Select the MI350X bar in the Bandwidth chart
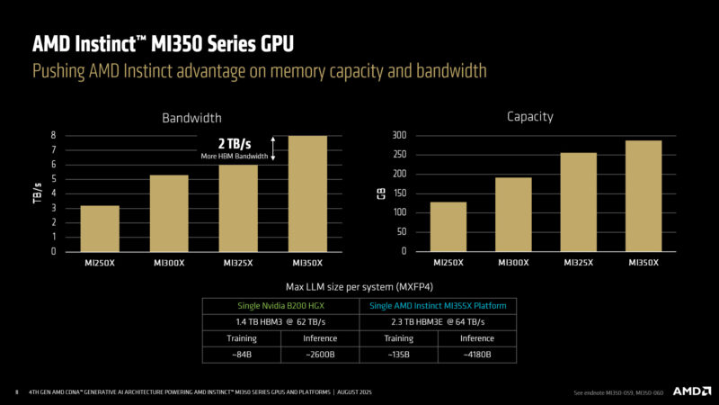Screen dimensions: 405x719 pos(307,193)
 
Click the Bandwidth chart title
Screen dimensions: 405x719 pos(191,118)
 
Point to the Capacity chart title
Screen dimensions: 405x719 pos(530,116)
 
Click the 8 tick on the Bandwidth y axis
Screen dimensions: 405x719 pos(55,135)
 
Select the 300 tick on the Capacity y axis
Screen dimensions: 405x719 pos(398,135)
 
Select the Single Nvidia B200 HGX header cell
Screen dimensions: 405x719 pos(280,306)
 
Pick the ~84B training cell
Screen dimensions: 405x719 pos(241,355)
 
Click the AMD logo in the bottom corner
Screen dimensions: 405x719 pos(682,391)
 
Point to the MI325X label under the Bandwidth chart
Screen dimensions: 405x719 pos(237,263)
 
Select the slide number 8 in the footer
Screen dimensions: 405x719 pos(16,392)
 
